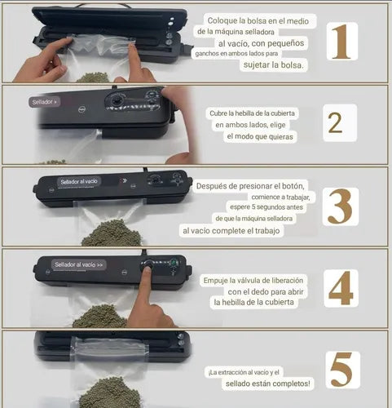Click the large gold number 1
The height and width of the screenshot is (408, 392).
point(341,42)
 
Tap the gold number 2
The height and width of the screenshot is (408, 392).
point(335,123)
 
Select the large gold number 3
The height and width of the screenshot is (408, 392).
point(340,206)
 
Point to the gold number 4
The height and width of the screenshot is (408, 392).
point(341,288)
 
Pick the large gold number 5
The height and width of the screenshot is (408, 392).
point(341,370)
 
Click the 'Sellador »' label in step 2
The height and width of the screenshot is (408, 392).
point(45,102)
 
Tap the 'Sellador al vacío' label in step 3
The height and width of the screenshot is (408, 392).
point(79,181)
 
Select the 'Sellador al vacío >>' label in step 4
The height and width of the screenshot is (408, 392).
point(79,264)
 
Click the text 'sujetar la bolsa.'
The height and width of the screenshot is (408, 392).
point(274,64)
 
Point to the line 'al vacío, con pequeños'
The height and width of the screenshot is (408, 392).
point(261,43)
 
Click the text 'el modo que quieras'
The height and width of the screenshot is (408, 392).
point(260,136)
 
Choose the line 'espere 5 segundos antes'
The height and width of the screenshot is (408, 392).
point(266,207)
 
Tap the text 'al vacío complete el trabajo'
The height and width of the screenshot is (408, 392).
point(231,231)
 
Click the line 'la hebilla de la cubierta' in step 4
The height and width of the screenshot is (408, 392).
point(253,302)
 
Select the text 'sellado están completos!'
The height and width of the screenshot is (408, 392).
point(267,384)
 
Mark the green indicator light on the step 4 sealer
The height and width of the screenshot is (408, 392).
point(173,263)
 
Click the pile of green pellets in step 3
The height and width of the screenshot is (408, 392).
point(112,233)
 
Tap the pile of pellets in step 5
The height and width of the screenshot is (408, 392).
point(110,392)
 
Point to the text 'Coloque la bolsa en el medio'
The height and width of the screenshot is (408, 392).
point(258,21)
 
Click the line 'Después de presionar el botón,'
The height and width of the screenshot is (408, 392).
point(250,186)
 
